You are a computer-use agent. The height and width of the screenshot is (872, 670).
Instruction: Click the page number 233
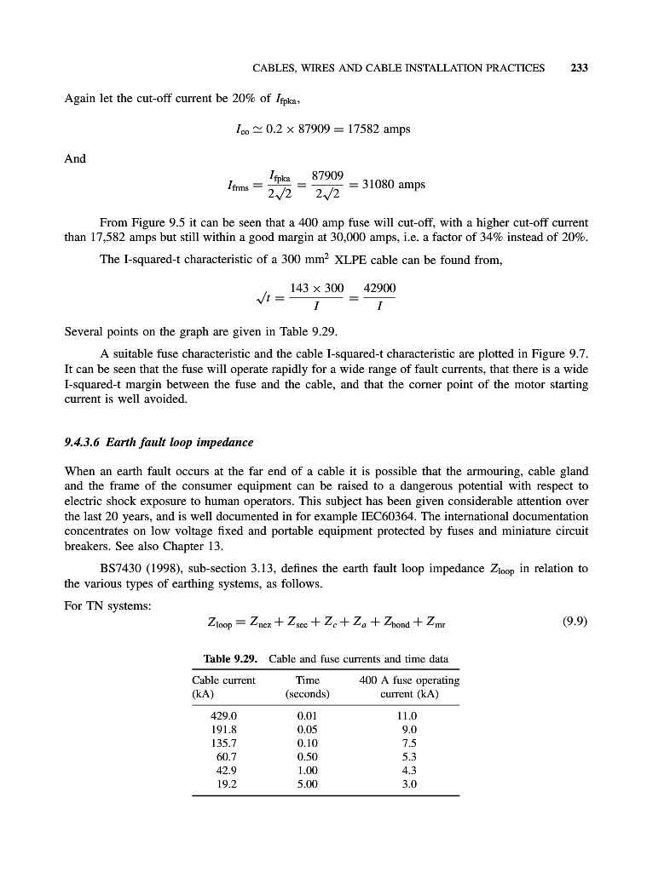[580, 68]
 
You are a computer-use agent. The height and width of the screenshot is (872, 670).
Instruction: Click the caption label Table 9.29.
[233, 657]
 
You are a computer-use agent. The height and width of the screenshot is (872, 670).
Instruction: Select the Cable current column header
[224, 680]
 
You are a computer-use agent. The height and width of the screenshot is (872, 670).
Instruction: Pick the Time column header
[307, 680]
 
